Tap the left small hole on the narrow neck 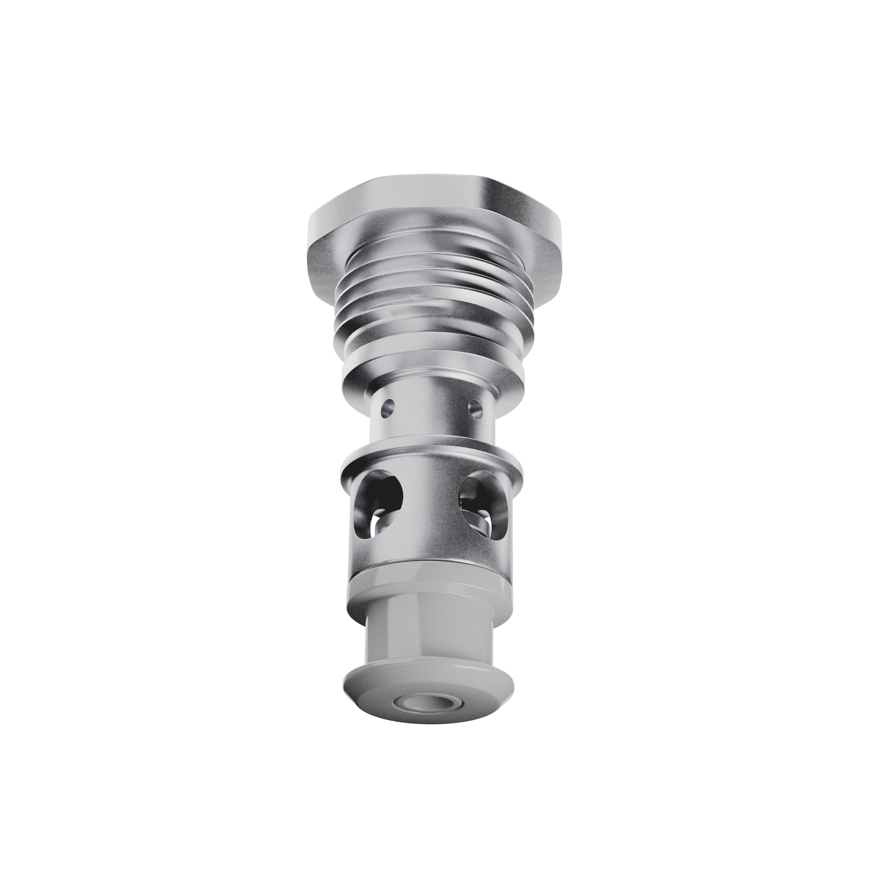click(387, 409)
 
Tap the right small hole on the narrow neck click(474, 408)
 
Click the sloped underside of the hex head click(533, 262)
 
